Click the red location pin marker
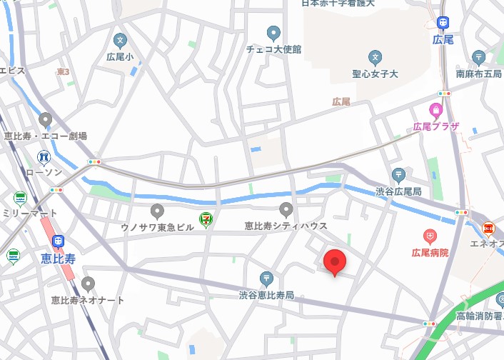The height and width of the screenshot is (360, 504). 334,262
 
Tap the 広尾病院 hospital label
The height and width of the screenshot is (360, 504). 430,252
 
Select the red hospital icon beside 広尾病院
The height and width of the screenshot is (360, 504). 430,235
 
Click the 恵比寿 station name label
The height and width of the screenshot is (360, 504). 59,259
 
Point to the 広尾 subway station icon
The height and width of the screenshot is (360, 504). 443,24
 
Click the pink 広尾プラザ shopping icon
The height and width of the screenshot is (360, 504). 435,110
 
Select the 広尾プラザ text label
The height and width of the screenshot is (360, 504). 435,126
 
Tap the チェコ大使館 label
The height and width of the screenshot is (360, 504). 273,49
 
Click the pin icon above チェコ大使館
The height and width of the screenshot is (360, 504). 273,33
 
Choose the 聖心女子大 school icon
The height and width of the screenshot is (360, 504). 375,57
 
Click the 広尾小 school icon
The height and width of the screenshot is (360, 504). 119,40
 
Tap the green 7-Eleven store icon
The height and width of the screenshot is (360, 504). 206,220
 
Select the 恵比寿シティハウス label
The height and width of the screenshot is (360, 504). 286,226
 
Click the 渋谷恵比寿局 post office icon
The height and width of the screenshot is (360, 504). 266,278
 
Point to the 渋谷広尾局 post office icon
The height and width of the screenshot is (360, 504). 398,174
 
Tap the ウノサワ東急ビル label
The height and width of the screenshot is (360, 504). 157,226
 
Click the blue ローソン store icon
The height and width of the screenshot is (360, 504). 44,156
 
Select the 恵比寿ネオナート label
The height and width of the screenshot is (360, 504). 88,300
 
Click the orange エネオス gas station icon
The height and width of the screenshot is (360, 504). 488,229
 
